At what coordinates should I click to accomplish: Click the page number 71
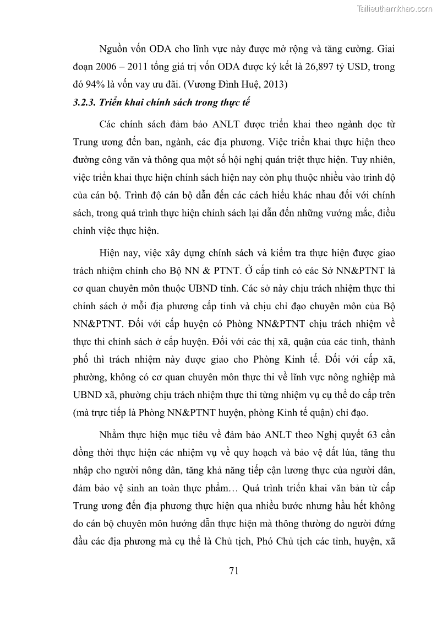point(233,570)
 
